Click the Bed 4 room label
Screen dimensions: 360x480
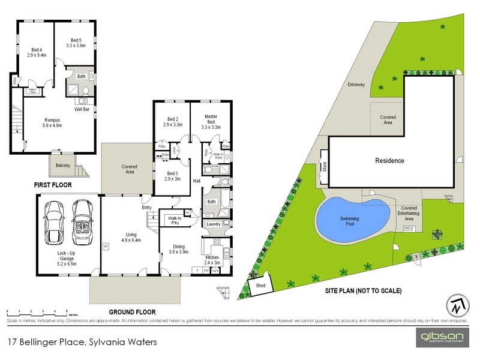point(36,52)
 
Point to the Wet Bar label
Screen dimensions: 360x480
point(82,110)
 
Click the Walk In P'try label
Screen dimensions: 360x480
point(175,220)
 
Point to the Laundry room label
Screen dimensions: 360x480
point(214,224)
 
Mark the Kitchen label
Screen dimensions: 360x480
point(213,259)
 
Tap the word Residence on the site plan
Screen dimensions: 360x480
point(389,160)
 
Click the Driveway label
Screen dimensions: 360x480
point(356,85)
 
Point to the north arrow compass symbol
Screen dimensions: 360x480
point(457,305)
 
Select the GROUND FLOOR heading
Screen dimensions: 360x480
point(132,312)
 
